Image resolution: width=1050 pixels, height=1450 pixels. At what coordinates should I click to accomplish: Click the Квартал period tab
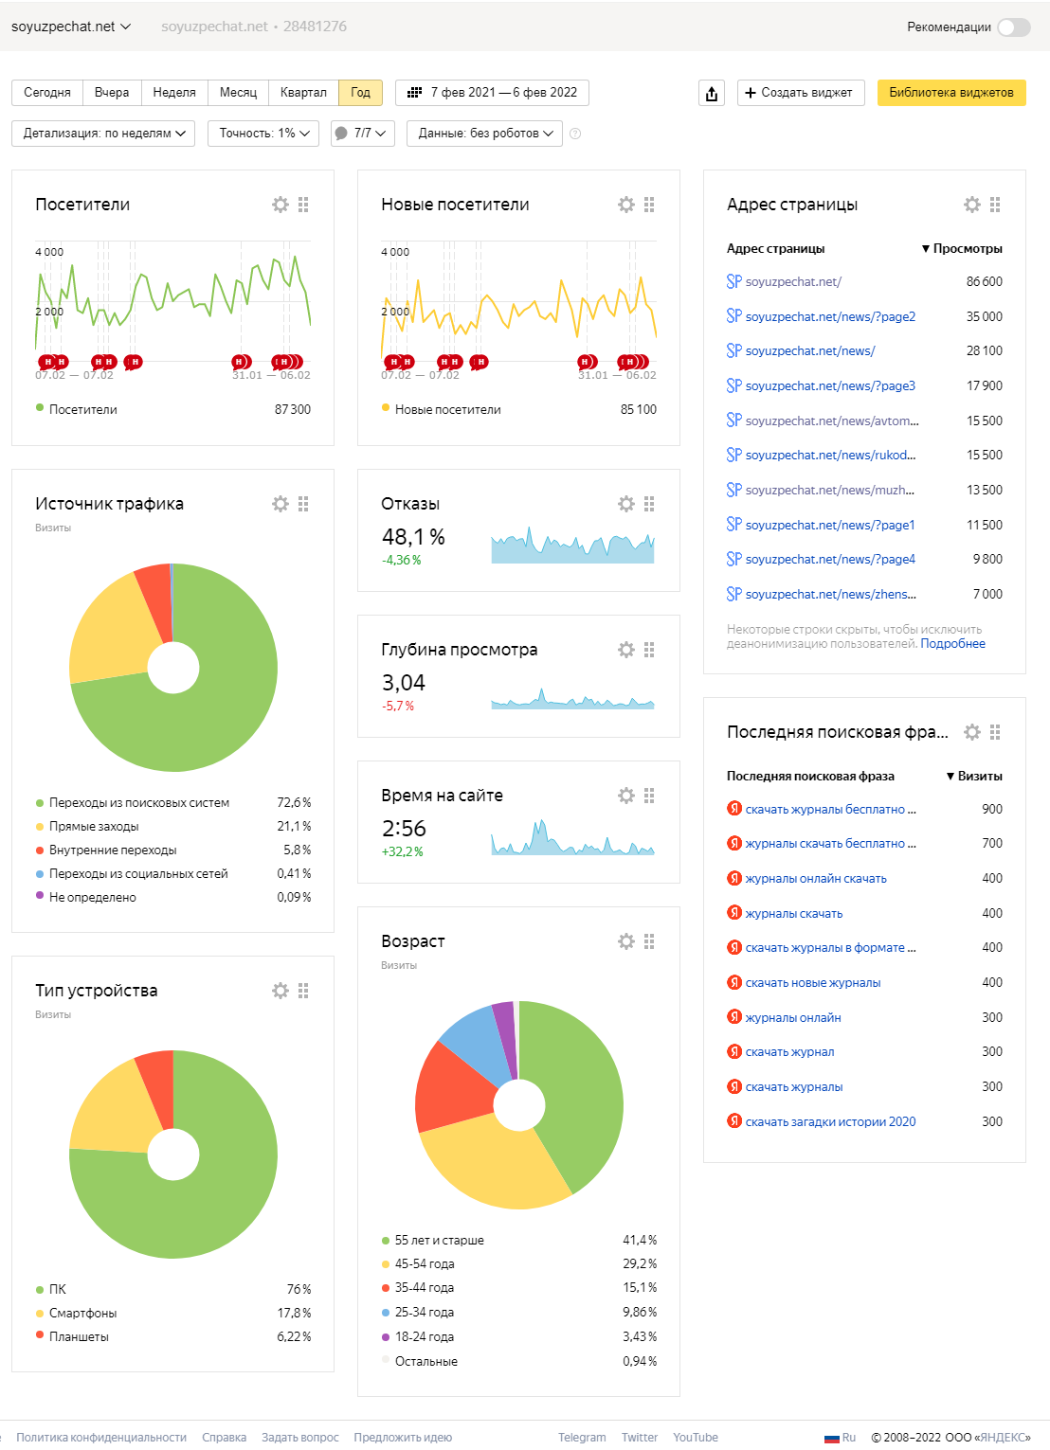[303, 93]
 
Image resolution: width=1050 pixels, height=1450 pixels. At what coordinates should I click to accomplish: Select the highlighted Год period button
[360, 93]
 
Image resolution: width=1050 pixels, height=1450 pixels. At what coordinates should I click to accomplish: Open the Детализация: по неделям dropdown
[103, 134]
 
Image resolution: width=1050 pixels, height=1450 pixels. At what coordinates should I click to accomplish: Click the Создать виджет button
[800, 93]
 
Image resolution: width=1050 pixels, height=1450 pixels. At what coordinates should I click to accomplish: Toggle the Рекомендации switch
[1013, 27]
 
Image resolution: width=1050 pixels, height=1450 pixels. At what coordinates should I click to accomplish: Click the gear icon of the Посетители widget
[280, 205]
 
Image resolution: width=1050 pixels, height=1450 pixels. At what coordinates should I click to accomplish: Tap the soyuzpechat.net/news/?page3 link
[830, 386]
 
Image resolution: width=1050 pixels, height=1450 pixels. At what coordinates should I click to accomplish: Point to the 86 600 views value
[984, 282]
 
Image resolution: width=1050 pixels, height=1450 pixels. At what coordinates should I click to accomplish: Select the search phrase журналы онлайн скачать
[816, 879]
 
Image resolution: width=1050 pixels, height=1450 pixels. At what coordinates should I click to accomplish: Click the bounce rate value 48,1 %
[413, 537]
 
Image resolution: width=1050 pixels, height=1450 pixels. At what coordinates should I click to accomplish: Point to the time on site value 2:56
[404, 829]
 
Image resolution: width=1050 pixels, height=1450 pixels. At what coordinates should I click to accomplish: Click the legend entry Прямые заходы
[94, 827]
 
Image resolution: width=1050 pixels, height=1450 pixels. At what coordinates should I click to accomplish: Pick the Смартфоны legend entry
[82, 1314]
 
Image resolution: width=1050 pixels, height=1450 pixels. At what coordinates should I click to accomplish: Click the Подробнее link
[952, 644]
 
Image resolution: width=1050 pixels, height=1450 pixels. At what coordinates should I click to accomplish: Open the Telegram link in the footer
[582, 1438]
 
